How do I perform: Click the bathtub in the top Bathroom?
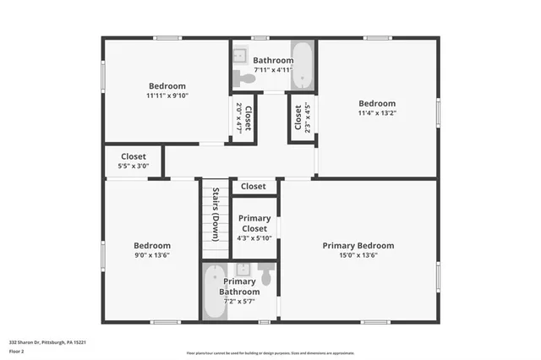[303, 63]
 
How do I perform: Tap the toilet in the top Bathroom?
[245, 78]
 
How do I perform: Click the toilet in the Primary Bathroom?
[266, 275]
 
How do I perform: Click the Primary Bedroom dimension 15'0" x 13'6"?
[358, 255]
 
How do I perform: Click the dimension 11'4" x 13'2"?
[376, 113]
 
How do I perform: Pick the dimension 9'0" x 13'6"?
[151, 255]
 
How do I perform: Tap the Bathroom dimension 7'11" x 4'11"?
[273, 70]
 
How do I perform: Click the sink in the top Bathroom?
[239, 51]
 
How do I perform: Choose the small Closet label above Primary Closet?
[253, 186]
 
